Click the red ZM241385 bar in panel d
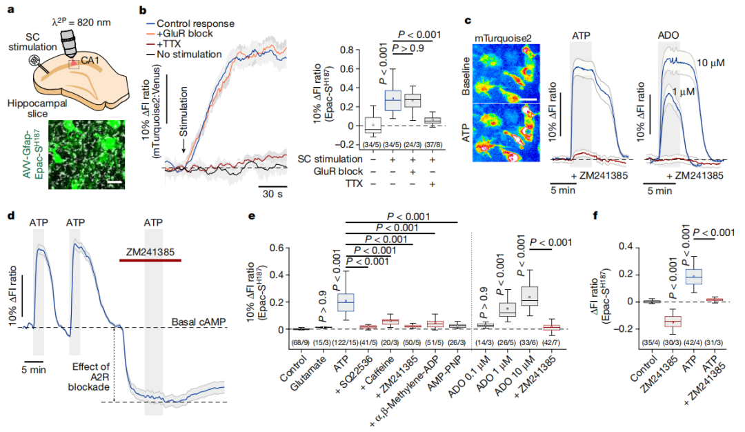[x=150, y=260]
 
